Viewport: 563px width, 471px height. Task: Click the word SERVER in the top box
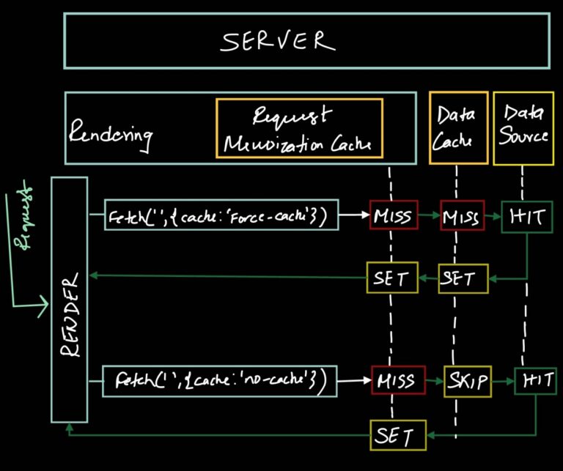[x=278, y=41]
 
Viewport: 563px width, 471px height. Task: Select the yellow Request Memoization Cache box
[x=299, y=128]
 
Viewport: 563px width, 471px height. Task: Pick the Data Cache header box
[x=458, y=128]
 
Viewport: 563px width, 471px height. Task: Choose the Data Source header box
[x=523, y=128]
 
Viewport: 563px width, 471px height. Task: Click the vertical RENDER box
[x=69, y=299]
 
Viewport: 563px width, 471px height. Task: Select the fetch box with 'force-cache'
[x=221, y=216]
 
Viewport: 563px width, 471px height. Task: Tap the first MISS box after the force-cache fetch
[x=393, y=216]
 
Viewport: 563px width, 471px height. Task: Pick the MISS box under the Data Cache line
[x=462, y=216]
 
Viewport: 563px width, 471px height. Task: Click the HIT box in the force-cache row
[x=526, y=217]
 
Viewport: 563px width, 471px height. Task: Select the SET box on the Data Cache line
[x=463, y=278]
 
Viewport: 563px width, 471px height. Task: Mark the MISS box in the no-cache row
[x=394, y=381]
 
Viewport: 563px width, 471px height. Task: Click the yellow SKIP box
[x=467, y=381]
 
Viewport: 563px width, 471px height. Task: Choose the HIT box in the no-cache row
[x=535, y=381]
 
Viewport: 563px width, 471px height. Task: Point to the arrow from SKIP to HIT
[x=502, y=381]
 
